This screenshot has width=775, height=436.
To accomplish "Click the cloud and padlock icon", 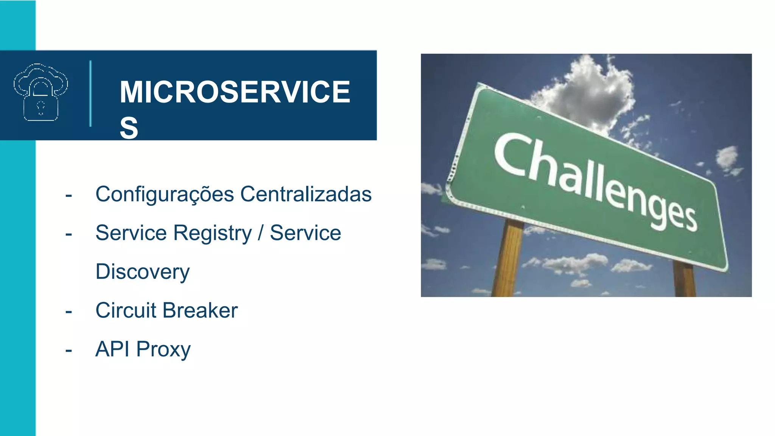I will [x=40, y=93].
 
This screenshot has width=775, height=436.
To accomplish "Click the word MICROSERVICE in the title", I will [x=235, y=92].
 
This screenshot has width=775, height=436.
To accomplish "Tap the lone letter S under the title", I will [x=129, y=128].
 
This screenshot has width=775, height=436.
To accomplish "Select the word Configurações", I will [x=165, y=195].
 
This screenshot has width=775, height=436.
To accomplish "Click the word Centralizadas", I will [x=306, y=194].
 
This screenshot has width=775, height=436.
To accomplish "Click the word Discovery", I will [x=142, y=272].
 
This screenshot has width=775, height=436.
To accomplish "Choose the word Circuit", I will [x=126, y=310].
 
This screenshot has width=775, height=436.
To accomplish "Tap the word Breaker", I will [x=200, y=310].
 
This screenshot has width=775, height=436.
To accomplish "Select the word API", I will [x=112, y=349].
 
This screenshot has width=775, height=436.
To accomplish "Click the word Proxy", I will [x=163, y=350].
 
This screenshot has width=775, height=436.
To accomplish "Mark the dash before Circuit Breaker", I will [x=68, y=312].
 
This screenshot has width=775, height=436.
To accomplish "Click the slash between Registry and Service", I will [x=260, y=233].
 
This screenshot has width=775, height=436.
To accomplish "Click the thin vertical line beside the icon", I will [x=90, y=93].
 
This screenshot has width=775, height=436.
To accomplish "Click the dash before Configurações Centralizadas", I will [x=68, y=196].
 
